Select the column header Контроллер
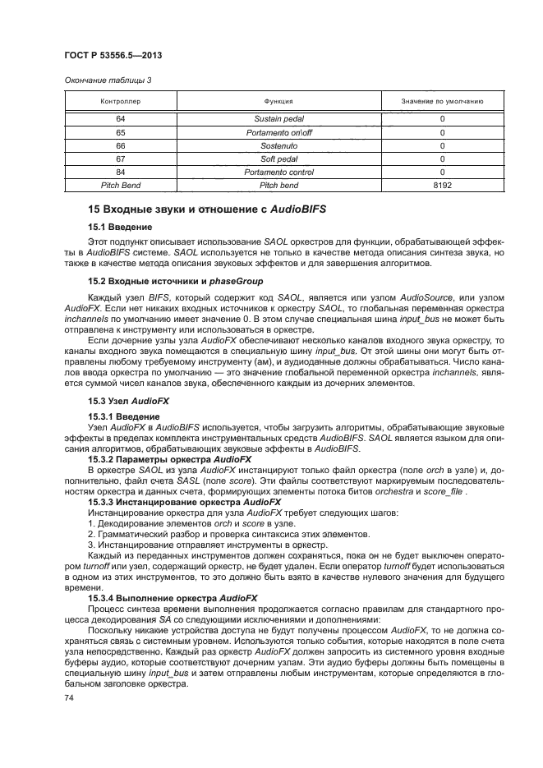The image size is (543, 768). click(121, 102)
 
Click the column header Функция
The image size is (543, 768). click(278, 102)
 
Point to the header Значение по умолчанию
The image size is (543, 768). click(441, 102)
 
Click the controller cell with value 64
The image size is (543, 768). click(121, 119)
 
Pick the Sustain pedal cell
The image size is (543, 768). click(278, 119)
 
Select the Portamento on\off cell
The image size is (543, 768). click(278, 132)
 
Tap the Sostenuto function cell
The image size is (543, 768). click(278, 145)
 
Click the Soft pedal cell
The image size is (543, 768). click(278, 159)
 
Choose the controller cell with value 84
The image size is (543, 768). click(121, 172)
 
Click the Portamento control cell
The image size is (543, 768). click(278, 172)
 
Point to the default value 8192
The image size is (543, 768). click(441, 186)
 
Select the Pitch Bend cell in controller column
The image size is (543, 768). click(121, 186)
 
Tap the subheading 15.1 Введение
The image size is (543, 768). click(120, 226)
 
